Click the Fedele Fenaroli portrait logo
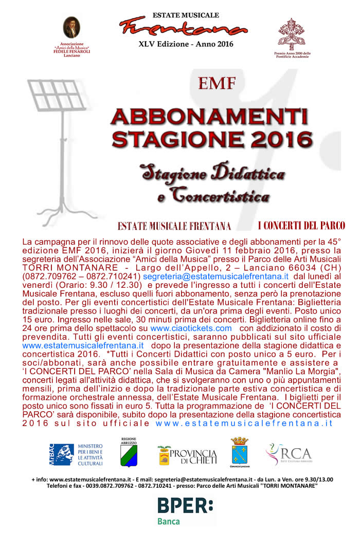71,28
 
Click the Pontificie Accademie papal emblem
292,33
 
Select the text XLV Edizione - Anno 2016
186,44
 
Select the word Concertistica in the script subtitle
221,195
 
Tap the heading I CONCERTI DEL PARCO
301,226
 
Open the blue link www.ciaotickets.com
191,327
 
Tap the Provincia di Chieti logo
187,455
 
